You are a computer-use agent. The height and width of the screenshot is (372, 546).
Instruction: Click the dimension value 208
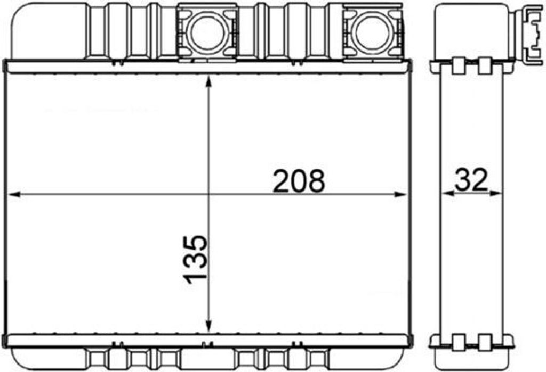[x=299, y=181]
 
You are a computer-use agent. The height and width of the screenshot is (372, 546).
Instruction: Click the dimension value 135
[x=195, y=259]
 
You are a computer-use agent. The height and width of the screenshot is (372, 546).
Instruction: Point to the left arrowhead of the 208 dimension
[x=13, y=194]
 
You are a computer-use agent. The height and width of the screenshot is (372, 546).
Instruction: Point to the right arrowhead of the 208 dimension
[x=400, y=194]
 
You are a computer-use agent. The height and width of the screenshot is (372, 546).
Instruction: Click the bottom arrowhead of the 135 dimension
[x=208, y=326]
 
